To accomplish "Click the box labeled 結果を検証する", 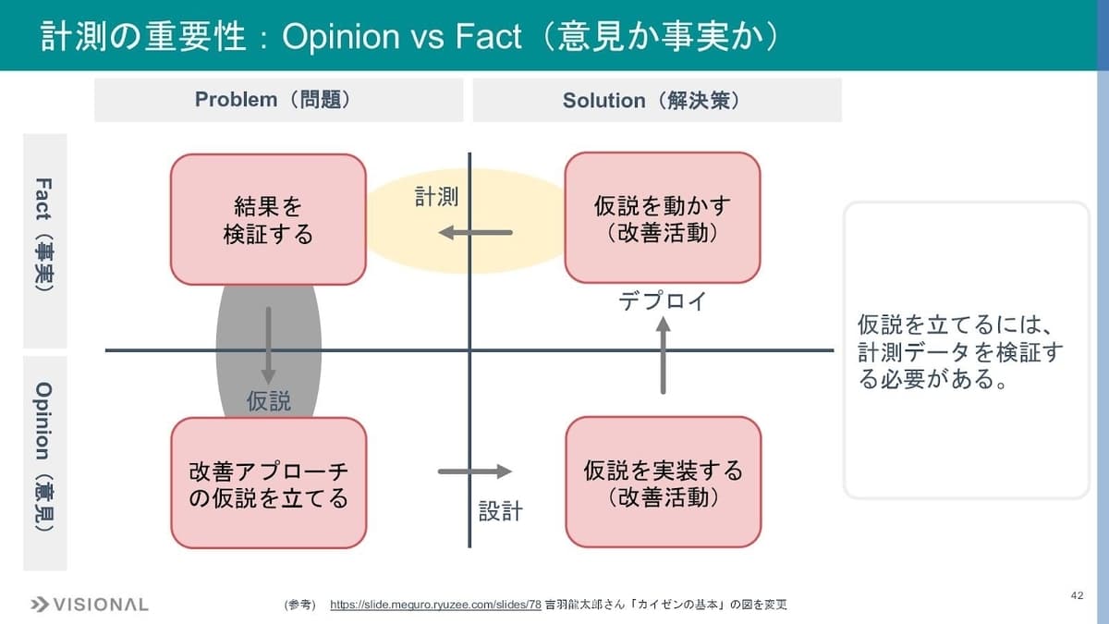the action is coord(268,219).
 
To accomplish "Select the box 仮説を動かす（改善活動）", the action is coord(663,218).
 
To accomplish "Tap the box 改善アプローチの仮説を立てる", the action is coord(269,483).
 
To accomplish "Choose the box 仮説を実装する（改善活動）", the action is coord(664,482).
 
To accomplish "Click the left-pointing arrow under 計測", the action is coord(475,232).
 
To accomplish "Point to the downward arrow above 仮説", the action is coord(268,346).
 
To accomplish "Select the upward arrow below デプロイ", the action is coord(663,356).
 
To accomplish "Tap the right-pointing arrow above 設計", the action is coord(475,471).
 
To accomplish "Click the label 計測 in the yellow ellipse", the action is coord(436,197).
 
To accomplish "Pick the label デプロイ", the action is coord(663,300).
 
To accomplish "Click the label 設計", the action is coord(501,511).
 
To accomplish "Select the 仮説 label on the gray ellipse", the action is coord(269,401).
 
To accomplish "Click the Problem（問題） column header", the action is coord(279,100).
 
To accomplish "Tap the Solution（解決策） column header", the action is coord(657,100).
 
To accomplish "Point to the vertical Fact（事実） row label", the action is coord(44,240).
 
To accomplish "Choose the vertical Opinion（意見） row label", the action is coord(44,463).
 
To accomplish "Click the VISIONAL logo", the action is coord(89,605).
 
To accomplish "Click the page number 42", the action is coord(1077,595).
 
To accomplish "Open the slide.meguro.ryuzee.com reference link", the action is coord(435,605).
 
